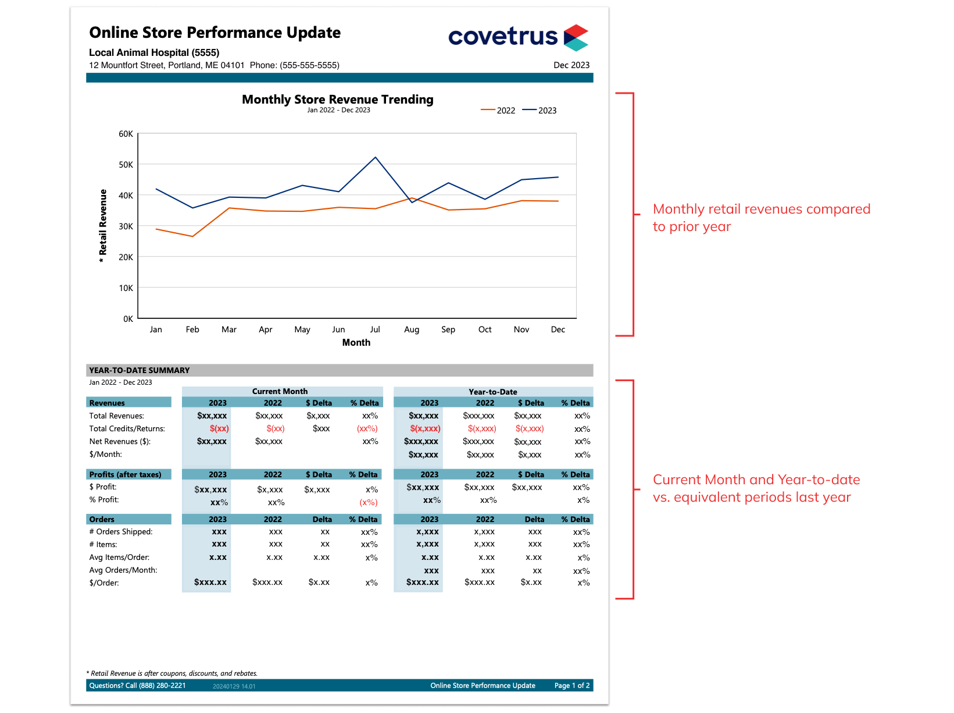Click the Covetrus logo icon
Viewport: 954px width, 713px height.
pyautogui.click(x=576, y=38)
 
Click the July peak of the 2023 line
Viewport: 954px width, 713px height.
pyautogui.click(x=376, y=157)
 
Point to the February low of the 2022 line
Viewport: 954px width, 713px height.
pyautogui.click(x=192, y=236)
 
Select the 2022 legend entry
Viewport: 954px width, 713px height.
pyautogui.click(x=498, y=111)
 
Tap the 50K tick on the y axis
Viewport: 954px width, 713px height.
pyautogui.click(x=126, y=165)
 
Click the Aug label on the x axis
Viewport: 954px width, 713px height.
pyautogui.click(x=412, y=329)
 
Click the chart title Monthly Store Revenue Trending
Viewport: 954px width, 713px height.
pyautogui.click(x=337, y=100)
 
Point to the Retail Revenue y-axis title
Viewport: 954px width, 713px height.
pyautogui.click(x=103, y=226)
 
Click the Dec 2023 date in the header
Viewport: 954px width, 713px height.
pyautogui.click(x=571, y=65)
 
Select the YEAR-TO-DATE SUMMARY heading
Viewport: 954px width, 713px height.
pyautogui.click(x=140, y=370)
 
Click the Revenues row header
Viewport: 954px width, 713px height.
pyautogui.click(x=107, y=403)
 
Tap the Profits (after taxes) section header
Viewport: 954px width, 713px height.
pyautogui.click(x=125, y=474)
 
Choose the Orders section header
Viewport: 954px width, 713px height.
pyautogui.click(x=102, y=519)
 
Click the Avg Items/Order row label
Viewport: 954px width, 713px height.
pyautogui.click(x=119, y=557)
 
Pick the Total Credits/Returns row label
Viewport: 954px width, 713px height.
pyautogui.click(x=127, y=428)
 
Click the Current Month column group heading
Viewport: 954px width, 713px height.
pyautogui.click(x=280, y=391)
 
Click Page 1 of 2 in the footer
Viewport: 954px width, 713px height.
pyautogui.click(x=571, y=686)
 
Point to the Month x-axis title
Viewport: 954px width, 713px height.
pyautogui.click(x=356, y=342)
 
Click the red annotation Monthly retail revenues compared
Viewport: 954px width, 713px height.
pyautogui.click(x=761, y=209)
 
